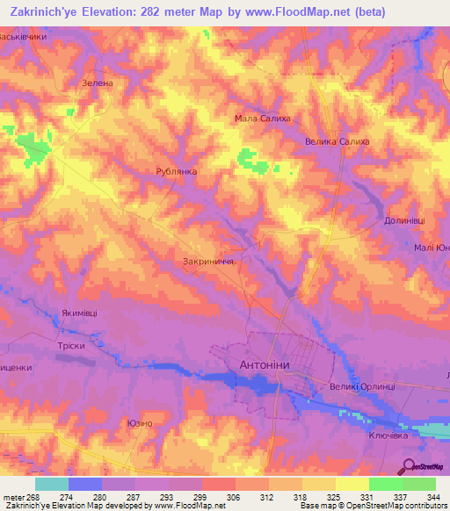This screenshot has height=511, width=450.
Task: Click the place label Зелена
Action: click(98, 83)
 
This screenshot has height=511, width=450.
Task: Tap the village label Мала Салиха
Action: click(261, 119)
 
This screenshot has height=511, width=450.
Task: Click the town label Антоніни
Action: click(276, 363)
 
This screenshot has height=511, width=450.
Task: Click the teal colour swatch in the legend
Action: click(51, 484)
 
